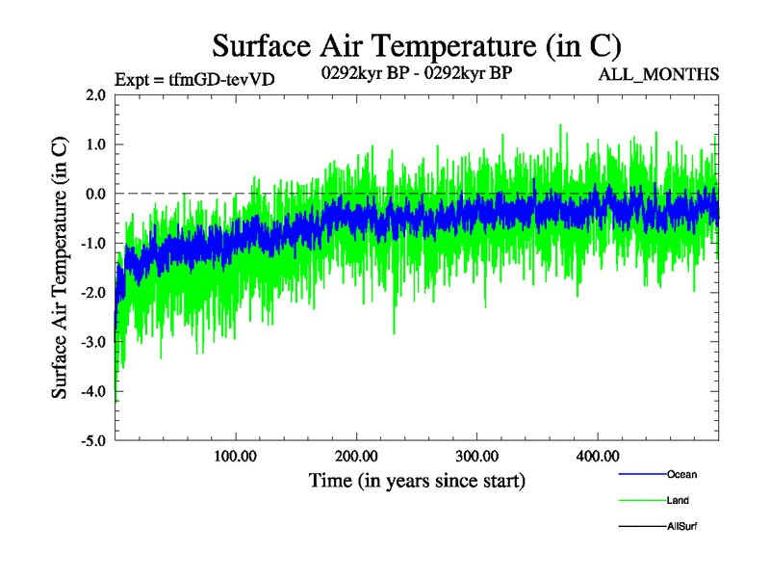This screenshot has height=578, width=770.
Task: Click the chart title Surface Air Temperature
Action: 417,45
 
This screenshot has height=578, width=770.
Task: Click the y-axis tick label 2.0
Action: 94,94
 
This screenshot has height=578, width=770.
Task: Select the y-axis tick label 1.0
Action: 94,144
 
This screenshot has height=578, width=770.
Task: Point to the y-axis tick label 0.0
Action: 94,194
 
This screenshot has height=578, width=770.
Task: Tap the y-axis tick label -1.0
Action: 92,243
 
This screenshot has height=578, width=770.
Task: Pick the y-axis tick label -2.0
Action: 92,292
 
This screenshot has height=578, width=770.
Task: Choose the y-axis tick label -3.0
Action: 92,342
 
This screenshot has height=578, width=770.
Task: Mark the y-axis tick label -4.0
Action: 92,391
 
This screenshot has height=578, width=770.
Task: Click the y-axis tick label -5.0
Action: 92,440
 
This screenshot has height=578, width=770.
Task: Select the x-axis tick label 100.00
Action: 236,456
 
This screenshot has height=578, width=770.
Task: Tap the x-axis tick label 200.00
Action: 356,456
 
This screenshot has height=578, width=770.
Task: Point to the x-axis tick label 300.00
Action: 476,456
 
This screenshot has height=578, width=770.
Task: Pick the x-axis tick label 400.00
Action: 597,456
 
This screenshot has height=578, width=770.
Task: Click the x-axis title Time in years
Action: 417,480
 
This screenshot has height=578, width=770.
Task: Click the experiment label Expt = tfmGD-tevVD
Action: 194,79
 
